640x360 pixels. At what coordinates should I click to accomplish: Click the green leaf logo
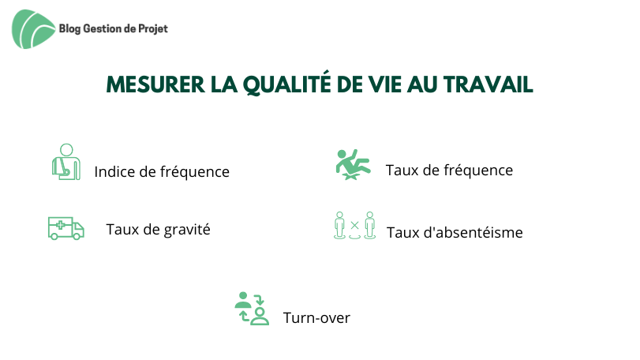pyautogui.click(x=33, y=29)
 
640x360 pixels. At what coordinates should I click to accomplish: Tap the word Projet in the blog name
pyautogui.click(x=153, y=29)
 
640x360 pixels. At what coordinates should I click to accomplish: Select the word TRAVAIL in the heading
pyautogui.click(x=488, y=84)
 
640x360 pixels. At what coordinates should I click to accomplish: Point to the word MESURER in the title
pyautogui.click(x=155, y=84)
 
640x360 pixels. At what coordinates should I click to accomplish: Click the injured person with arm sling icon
pyautogui.click(x=66, y=162)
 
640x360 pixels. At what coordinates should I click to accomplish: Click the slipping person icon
pyautogui.click(x=353, y=164)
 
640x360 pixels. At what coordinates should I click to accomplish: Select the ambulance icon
pyautogui.click(x=66, y=228)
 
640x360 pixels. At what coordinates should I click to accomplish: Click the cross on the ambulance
pyautogui.click(x=60, y=225)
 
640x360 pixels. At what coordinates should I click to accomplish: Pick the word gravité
pyautogui.click(x=187, y=230)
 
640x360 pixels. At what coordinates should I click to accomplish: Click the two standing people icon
pyautogui.click(x=354, y=225)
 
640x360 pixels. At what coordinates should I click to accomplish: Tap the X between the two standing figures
pyautogui.click(x=354, y=225)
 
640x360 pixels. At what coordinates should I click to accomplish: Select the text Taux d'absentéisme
pyautogui.click(x=455, y=232)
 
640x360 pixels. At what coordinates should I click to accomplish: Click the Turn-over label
pyautogui.click(x=316, y=317)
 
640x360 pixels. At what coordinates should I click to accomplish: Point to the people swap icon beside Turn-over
pyautogui.click(x=252, y=308)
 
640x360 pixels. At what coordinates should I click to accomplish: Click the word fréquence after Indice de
pyautogui.click(x=195, y=172)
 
